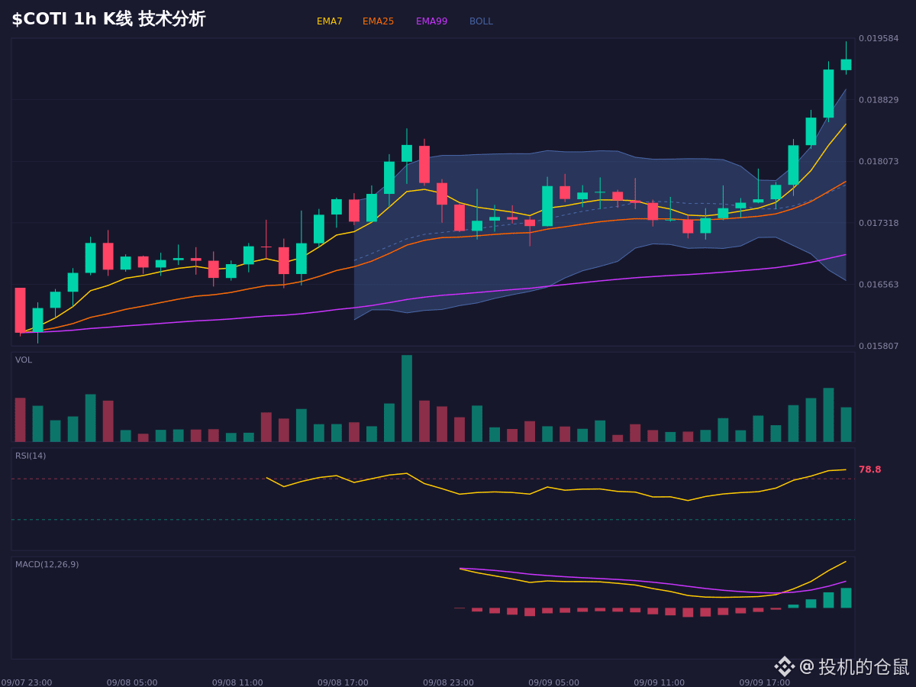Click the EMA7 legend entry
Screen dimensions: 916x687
point(329,21)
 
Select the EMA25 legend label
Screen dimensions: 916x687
point(378,21)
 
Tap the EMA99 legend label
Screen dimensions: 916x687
point(431,21)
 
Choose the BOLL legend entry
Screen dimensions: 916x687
point(481,21)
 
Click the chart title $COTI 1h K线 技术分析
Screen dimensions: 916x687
point(108,19)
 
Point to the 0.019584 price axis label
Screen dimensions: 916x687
point(879,38)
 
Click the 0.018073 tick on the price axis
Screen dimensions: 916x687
point(879,161)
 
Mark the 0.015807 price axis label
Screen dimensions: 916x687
point(879,346)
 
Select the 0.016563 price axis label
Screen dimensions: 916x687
point(879,285)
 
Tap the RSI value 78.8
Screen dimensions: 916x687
point(869,469)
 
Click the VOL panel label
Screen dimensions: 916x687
point(24,360)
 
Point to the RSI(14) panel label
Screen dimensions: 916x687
point(31,456)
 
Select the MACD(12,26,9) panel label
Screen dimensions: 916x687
point(47,564)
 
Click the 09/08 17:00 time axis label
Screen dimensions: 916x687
point(343,682)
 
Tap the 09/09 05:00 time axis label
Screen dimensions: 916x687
point(553,682)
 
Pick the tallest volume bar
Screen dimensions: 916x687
point(407,398)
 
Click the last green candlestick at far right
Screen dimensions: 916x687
point(846,65)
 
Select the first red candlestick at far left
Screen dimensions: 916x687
point(20,310)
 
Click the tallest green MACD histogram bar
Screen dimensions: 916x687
point(846,598)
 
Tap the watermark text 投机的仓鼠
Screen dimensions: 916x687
point(863,667)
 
